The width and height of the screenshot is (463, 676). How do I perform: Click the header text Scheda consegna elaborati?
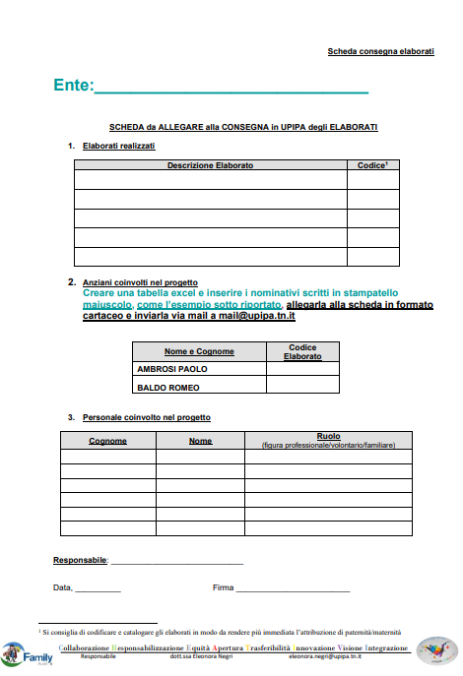(380, 50)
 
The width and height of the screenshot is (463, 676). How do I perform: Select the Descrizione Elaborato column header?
(210, 165)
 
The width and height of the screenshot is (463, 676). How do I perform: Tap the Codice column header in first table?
(372, 165)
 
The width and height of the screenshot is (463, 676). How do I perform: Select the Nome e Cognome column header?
(199, 351)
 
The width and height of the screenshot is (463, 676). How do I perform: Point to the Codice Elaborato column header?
(302, 351)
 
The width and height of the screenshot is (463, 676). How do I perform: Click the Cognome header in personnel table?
(107, 440)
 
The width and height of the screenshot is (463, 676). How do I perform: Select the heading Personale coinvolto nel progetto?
(146, 418)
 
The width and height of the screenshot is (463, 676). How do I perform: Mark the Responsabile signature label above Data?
(79, 560)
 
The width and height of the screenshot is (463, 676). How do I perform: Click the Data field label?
(62, 588)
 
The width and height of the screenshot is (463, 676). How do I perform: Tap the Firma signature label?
(223, 588)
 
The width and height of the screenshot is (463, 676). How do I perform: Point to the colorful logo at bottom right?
(436, 651)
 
